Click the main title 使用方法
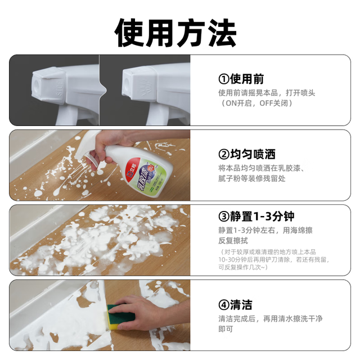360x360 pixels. [175, 33]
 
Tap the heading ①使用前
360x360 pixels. [241, 79]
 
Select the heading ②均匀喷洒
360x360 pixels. [247, 154]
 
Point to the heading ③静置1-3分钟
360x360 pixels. [256, 216]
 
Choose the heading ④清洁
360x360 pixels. [235, 305]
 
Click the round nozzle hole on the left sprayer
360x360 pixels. [36, 85]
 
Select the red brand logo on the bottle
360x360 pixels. [131, 169]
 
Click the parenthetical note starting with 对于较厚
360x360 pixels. [274, 260]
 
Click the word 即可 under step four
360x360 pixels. [226, 329]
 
